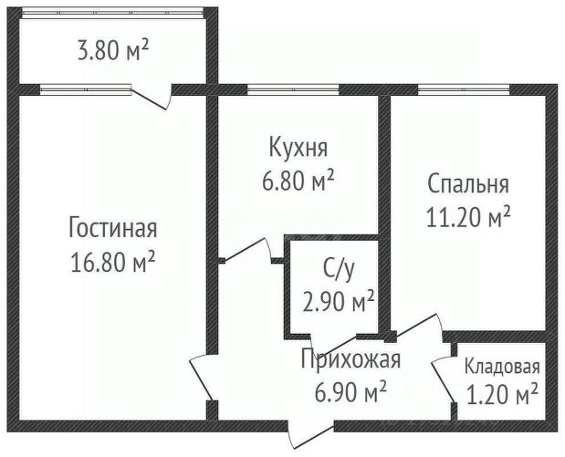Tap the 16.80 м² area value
tap(112, 263)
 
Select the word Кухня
tap(298, 147)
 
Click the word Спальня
tap(468, 185)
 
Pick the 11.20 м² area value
tap(468, 217)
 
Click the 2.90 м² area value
tap(339, 300)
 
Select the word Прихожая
tap(351, 359)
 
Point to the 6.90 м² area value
tap(351, 392)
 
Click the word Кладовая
tap(502, 368)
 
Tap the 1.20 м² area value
tap(501, 395)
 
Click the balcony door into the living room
tap(153, 92)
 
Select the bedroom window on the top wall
tap(464, 89)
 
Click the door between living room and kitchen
tap(245, 252)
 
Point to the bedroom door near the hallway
tap(413, 329)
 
